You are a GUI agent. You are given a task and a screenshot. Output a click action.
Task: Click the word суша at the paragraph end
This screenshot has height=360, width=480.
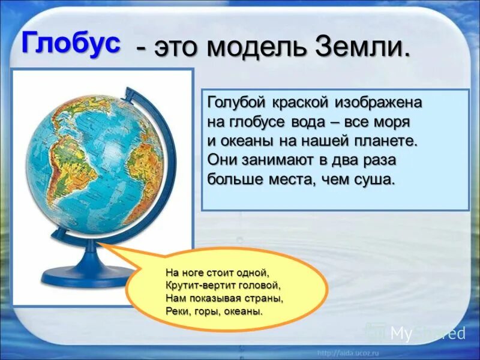point(376,179)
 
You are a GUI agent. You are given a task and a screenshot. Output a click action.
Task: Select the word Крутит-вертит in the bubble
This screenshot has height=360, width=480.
point(195,286)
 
